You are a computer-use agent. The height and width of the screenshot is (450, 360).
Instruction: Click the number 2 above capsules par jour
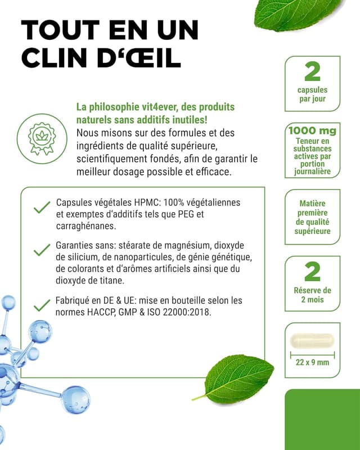pos(312,72)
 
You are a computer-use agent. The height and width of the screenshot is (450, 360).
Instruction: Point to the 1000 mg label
pos(312,131)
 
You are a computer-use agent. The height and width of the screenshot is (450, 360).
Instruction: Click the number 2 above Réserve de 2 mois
pos(312,272)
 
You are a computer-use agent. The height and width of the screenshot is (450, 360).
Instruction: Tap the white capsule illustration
pos(312,340)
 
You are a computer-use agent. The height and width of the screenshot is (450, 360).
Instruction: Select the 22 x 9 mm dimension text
pos(312,362)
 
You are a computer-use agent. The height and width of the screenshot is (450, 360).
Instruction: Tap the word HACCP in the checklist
pos(102,312)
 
